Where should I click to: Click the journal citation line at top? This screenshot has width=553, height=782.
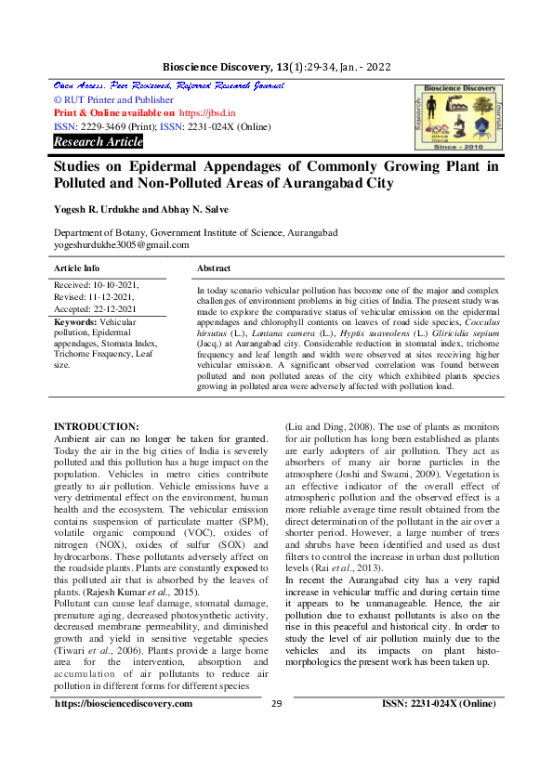click(x=276, y=68)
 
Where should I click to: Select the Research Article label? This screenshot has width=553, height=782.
click(x=99, y=142)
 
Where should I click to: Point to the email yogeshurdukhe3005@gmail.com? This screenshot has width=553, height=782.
click(x=121, y=245)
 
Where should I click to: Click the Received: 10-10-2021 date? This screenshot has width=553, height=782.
click(x=97, y=286)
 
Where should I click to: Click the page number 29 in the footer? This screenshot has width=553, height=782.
click(x=276, y=730)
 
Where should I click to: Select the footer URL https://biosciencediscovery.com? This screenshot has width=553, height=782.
click(x=124, y=730)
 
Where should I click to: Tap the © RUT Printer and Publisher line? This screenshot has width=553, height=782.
click(x=113, y=99)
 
